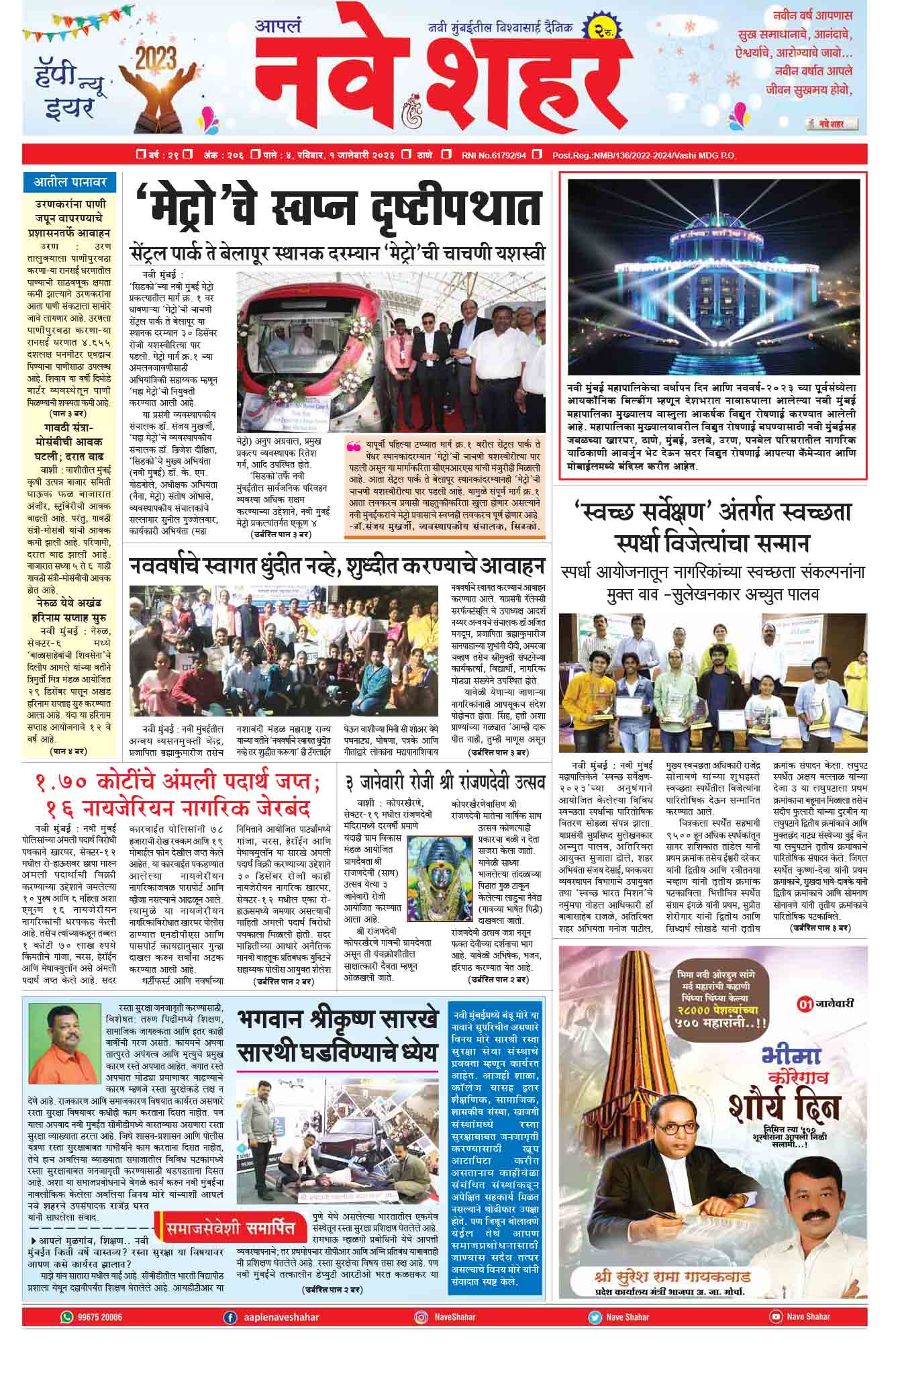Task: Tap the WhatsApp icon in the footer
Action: [66, 1317]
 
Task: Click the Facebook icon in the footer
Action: [230, 1317]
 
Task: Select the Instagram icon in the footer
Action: [421, 1317]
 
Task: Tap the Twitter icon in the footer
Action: [595, 1317]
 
